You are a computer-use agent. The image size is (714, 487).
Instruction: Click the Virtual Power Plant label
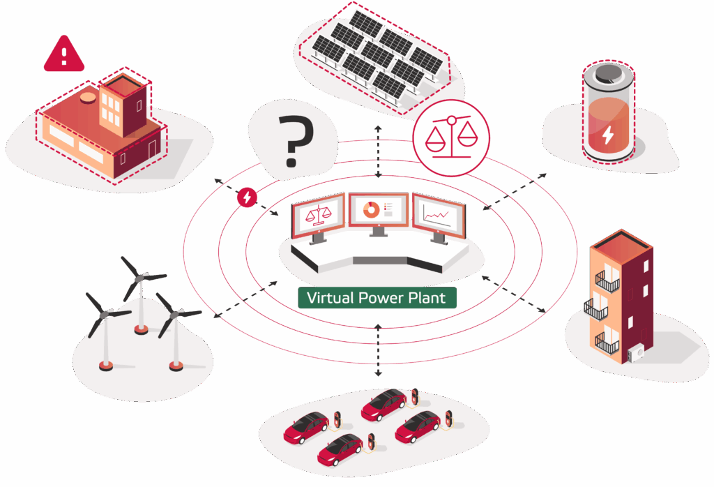(377, 298)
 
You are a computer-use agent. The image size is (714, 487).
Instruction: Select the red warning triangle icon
(64, 54)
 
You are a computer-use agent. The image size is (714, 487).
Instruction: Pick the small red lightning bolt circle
(246, 197)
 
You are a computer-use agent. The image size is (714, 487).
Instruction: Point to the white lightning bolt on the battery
(608, 134)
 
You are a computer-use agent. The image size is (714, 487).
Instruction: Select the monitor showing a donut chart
(377, 210)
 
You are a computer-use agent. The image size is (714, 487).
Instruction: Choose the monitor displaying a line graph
(438, 217)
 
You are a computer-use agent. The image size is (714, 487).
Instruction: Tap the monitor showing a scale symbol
(318, 213)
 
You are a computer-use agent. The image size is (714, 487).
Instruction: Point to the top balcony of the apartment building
(607, 282)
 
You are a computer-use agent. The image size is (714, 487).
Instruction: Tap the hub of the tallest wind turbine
(139, 278)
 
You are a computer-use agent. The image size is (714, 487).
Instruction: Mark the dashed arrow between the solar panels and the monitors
(378, 151)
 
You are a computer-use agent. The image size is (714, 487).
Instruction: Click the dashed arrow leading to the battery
(515, 190)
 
